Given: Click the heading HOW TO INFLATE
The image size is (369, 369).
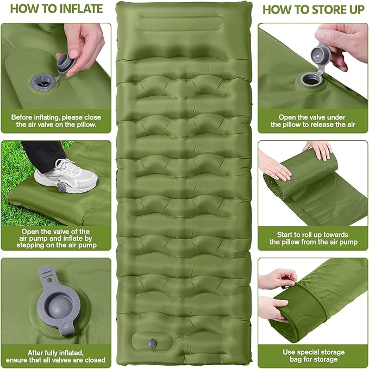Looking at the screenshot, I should click(55, 9).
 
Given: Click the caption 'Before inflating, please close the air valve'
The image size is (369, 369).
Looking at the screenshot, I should click(55, 121).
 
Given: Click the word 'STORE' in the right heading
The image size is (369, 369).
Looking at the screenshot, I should click(326, 9).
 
